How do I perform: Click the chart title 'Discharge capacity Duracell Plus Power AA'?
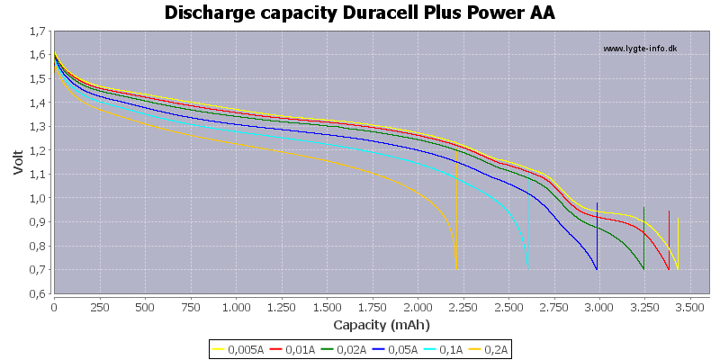pyautogui.click(x=360, y=13)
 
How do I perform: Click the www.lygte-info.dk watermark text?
pyautogui.click(x=640, y=49)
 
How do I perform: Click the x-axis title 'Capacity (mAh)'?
pyautogui.click(x=382, y=324)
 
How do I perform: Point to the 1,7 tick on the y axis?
pyautogui.click(x=38, y=31)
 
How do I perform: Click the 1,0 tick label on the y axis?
pyautogui.click(x=38, y=198)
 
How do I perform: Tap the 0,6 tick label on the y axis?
pyautogui.click(x=38, y=293)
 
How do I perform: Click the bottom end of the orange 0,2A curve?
pyautogui.click(x=456, y=269)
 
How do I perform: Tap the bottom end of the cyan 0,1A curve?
pyautogui.click(x=527, y=269)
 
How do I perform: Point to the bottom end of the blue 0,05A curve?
pyautogui.click(x=597, y=269)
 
